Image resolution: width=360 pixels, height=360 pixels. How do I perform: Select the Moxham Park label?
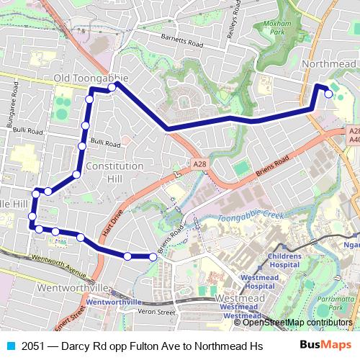tap(276, 28)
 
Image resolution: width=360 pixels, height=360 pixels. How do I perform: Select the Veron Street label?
tap(157, 312)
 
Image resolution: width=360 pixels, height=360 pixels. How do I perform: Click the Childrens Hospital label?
tap(284, 259)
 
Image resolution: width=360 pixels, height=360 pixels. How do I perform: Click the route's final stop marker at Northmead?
tap(329, 93)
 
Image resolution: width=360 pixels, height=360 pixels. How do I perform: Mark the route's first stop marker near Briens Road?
tap(153, 256)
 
